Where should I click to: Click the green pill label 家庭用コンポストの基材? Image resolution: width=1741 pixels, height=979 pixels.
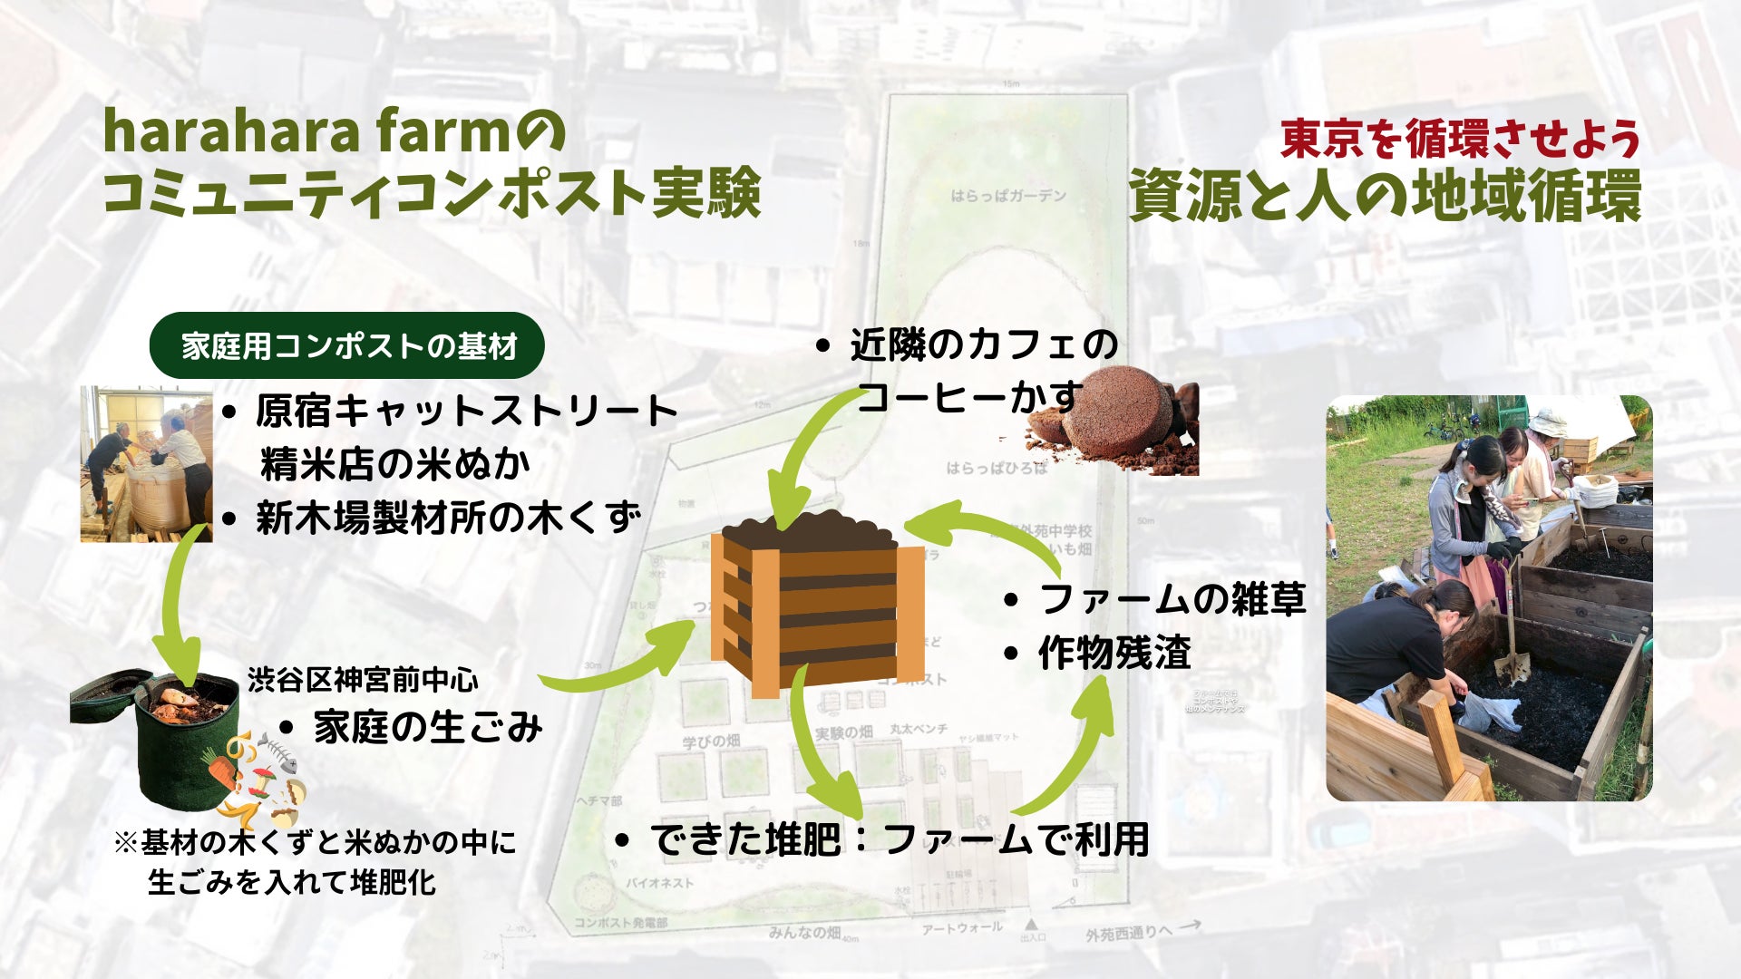click(x=347, y=345)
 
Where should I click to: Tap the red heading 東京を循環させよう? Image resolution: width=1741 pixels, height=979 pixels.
click(x=1460, y=139)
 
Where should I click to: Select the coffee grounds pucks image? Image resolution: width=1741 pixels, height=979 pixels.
click(x=1115, y=422)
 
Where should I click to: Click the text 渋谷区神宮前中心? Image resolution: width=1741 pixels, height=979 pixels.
click(x=363, y=680)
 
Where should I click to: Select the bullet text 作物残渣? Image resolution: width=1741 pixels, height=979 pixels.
click(x=1114, y=653)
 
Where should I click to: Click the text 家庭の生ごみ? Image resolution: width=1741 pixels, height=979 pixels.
click(x=427, y=727)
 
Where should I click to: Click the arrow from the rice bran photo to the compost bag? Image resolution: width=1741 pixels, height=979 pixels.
click(x=181, y=607)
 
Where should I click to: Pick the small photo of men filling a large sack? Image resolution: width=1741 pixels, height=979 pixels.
click(x=146, y=464)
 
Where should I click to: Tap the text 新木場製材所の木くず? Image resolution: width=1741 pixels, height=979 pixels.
click(x=448, y=518)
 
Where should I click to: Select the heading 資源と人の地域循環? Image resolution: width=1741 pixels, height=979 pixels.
click(x=1385, y=197)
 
